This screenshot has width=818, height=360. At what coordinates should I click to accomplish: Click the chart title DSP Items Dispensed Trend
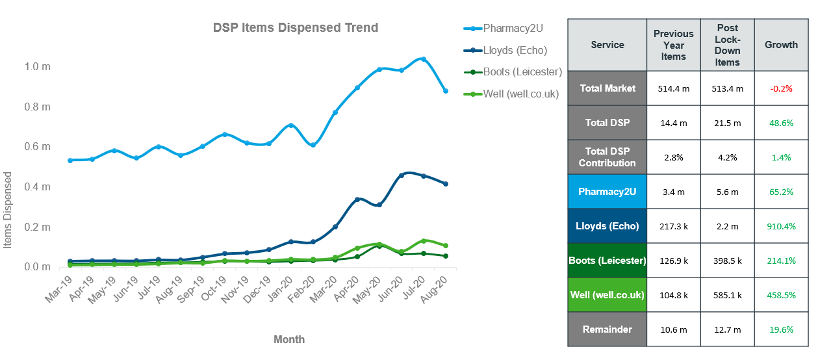(296, 28)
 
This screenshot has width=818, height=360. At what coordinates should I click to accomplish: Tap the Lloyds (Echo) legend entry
(515, 50)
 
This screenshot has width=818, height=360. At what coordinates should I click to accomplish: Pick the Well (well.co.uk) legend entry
(520, 94)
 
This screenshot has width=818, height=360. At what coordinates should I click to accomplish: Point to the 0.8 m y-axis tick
(37, 107)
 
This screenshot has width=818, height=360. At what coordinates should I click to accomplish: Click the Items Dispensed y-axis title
(8, 210)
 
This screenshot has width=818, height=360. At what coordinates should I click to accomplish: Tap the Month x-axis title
(289, 339)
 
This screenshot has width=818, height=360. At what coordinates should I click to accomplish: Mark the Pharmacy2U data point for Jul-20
(423, 59)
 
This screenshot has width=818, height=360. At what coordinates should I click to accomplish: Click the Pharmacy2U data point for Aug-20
(446, 91)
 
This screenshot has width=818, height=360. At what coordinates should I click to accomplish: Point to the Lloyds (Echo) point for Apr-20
(357, 199)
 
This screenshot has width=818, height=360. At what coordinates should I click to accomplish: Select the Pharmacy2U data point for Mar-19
(70, 160)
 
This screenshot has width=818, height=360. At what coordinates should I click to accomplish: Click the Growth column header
(781, 45)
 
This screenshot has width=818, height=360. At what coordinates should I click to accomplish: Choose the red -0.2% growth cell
(781, 88)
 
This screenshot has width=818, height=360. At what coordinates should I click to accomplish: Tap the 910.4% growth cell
(781, 226)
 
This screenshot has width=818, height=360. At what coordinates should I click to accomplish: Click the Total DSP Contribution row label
(607, 157)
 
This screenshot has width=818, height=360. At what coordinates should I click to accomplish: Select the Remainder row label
(607, 329)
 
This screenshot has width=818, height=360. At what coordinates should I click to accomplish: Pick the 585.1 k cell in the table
(727, 295)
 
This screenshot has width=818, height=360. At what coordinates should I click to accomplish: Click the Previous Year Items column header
(673, 45)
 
